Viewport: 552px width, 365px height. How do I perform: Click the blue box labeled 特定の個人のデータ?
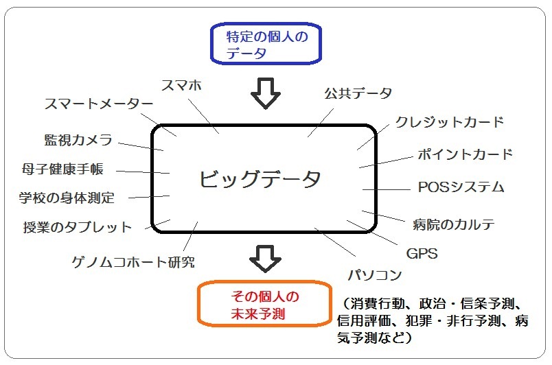pos(266,45)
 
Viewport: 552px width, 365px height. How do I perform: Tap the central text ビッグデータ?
pos(260,180)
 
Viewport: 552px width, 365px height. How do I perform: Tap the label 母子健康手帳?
pos(62,169)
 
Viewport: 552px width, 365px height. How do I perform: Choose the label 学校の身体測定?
pos(67,198)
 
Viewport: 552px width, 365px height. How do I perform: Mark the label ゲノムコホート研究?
pos(133,262)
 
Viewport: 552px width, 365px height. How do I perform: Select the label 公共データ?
pos(358,93)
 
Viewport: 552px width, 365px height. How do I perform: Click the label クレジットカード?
pos(450,122)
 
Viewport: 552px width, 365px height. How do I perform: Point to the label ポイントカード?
pos(465,154)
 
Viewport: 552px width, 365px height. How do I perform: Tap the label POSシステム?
pos(461,187)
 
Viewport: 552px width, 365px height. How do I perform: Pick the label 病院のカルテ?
pos(454,224)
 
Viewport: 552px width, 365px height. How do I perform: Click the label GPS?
pos(422,254)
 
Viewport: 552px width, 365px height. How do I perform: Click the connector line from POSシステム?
pos(385,189)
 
